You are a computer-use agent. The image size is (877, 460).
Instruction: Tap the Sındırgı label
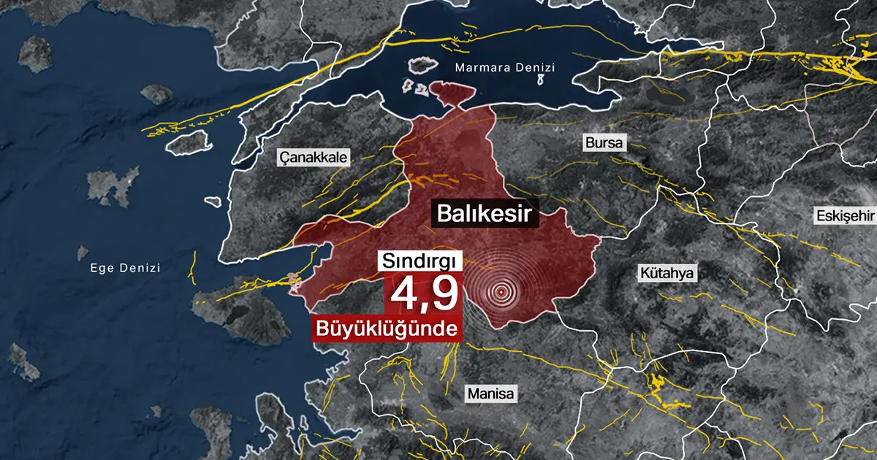[x=417, y=261]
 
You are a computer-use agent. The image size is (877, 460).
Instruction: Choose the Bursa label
[x=604, y=142]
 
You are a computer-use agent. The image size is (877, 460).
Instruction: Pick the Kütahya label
[x=668, y=274]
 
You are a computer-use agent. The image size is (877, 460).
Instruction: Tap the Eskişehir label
[x=846, y=215]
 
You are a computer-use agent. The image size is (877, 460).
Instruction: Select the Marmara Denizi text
[x=504, y=68]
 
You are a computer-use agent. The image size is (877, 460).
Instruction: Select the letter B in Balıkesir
[x=443, y=214]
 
